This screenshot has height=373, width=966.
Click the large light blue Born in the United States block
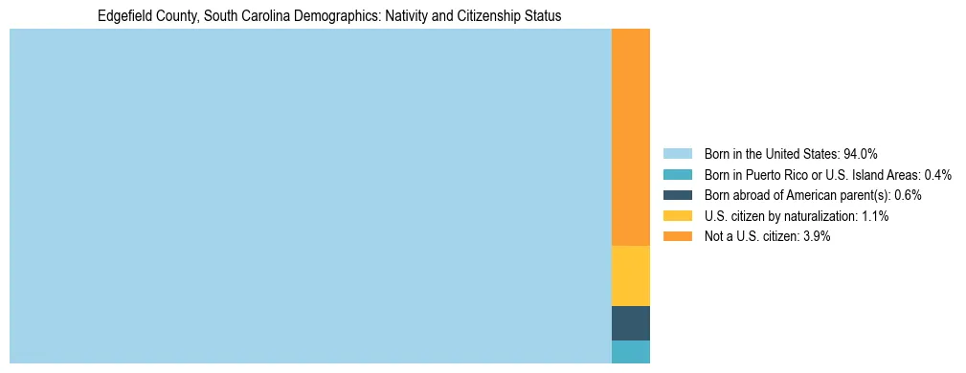310,196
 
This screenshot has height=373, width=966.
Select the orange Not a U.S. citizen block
630,137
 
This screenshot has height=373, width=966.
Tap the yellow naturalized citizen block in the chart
630,275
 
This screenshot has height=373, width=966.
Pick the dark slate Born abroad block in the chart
630,323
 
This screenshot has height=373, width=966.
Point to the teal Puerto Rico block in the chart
630,351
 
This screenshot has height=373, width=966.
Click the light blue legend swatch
677,154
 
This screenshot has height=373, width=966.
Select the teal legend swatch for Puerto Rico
677,175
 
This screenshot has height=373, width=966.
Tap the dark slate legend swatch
677,195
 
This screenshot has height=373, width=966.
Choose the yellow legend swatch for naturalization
677,216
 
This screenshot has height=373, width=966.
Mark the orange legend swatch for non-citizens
677,237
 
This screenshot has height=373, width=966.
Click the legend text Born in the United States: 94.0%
791,154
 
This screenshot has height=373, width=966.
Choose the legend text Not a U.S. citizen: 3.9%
767,237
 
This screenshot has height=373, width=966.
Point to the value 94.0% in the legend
861,154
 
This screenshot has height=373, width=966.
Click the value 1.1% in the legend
874,216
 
